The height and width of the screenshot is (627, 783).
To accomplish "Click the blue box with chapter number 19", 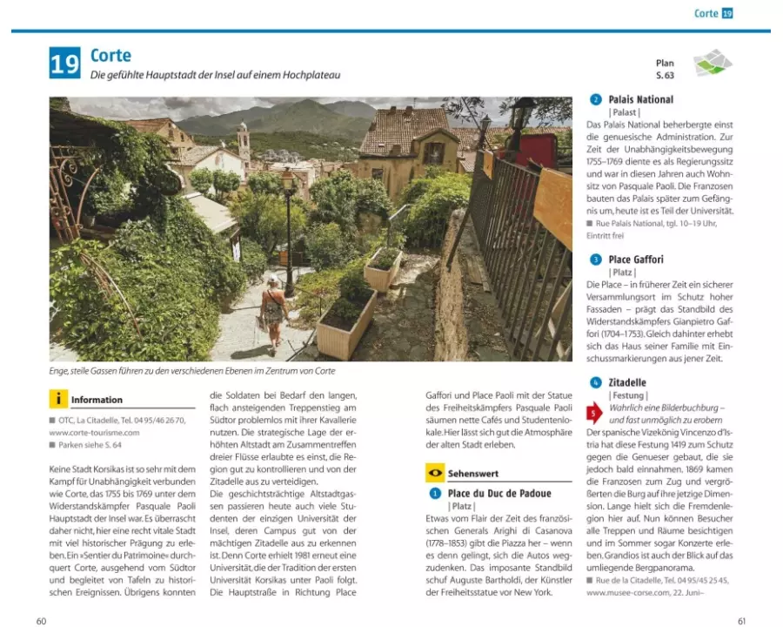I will tap(64, 64).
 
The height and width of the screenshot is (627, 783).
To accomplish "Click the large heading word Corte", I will tap(110, 57).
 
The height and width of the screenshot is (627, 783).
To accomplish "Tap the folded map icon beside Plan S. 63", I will tap(713, 64).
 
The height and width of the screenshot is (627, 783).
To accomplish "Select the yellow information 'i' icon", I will tap(58, 400).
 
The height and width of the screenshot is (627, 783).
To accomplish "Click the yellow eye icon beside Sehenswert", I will tap(434, 473).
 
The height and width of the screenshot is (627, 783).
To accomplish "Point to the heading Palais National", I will tap(640, 99).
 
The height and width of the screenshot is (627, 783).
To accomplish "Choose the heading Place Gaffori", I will tap(635, 260).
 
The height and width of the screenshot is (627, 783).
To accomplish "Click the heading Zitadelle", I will tap(626, 382).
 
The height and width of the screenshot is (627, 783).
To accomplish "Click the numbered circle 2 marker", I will tap(595, 99).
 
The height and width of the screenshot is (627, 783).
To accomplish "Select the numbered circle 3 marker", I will tap(595, 260).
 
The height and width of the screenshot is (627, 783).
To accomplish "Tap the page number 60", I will tap(41, 620).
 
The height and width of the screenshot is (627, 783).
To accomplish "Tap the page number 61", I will tap(741, 620).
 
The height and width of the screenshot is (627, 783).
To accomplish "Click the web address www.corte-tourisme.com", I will tap(94, 432).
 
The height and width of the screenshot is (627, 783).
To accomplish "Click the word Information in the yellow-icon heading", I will tap(97, 401).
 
